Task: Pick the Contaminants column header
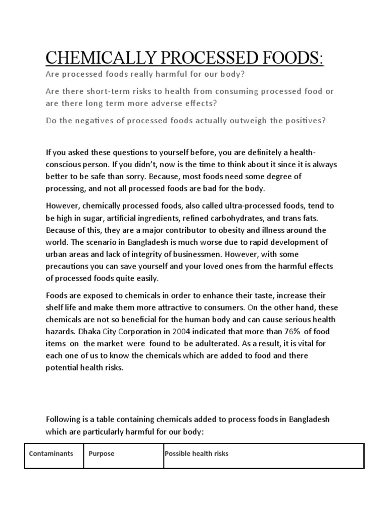pos(51,453)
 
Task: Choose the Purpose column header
pos(102,453)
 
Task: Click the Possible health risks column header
pos(197,453)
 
